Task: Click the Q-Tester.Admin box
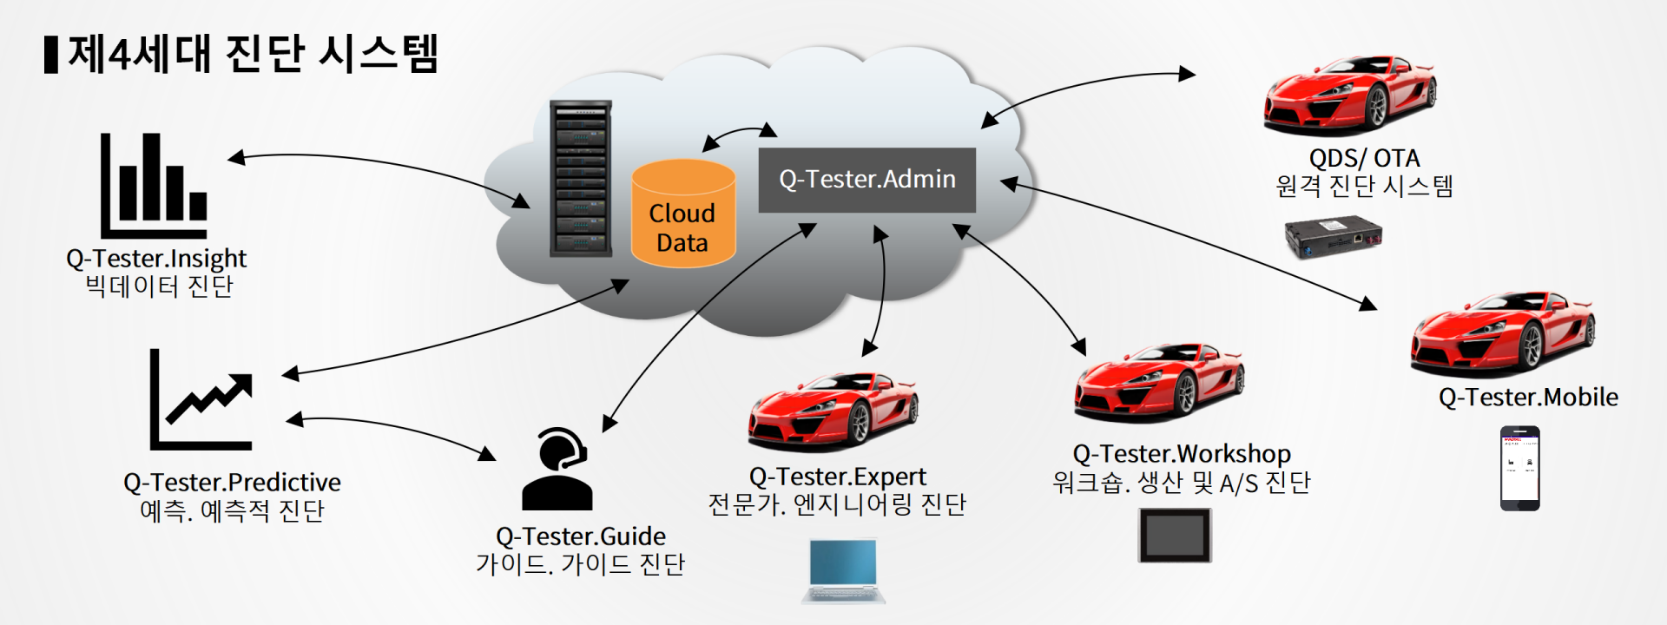click(x=866, y=180)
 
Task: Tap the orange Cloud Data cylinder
click(x=683, y=214)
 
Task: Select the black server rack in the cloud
click(x=580, y=179)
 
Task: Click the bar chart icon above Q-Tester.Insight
click(x=154, y=185)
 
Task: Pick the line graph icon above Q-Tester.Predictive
click(x=201, y=399)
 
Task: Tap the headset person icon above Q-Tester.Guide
click(x=557, y=469)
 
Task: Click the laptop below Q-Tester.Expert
click(x=844, y=570)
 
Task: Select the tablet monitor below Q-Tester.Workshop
click(x=1175, y=535)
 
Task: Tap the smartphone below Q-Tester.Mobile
click(x=1520, y=468)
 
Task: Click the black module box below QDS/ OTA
click(x=1333, y=238)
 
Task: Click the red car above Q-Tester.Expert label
click(x=833, y=411)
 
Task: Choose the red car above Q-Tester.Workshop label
click(x=1159, y=383)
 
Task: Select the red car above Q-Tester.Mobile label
click(x=1503, y=333)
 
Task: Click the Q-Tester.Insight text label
click(x=156, y=259)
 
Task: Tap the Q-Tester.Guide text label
click(x=581, y=536)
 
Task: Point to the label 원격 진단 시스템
click(x=1364, y=186)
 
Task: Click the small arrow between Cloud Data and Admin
click(x=739, y=135)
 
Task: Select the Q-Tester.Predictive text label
click(x=232, y=482)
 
